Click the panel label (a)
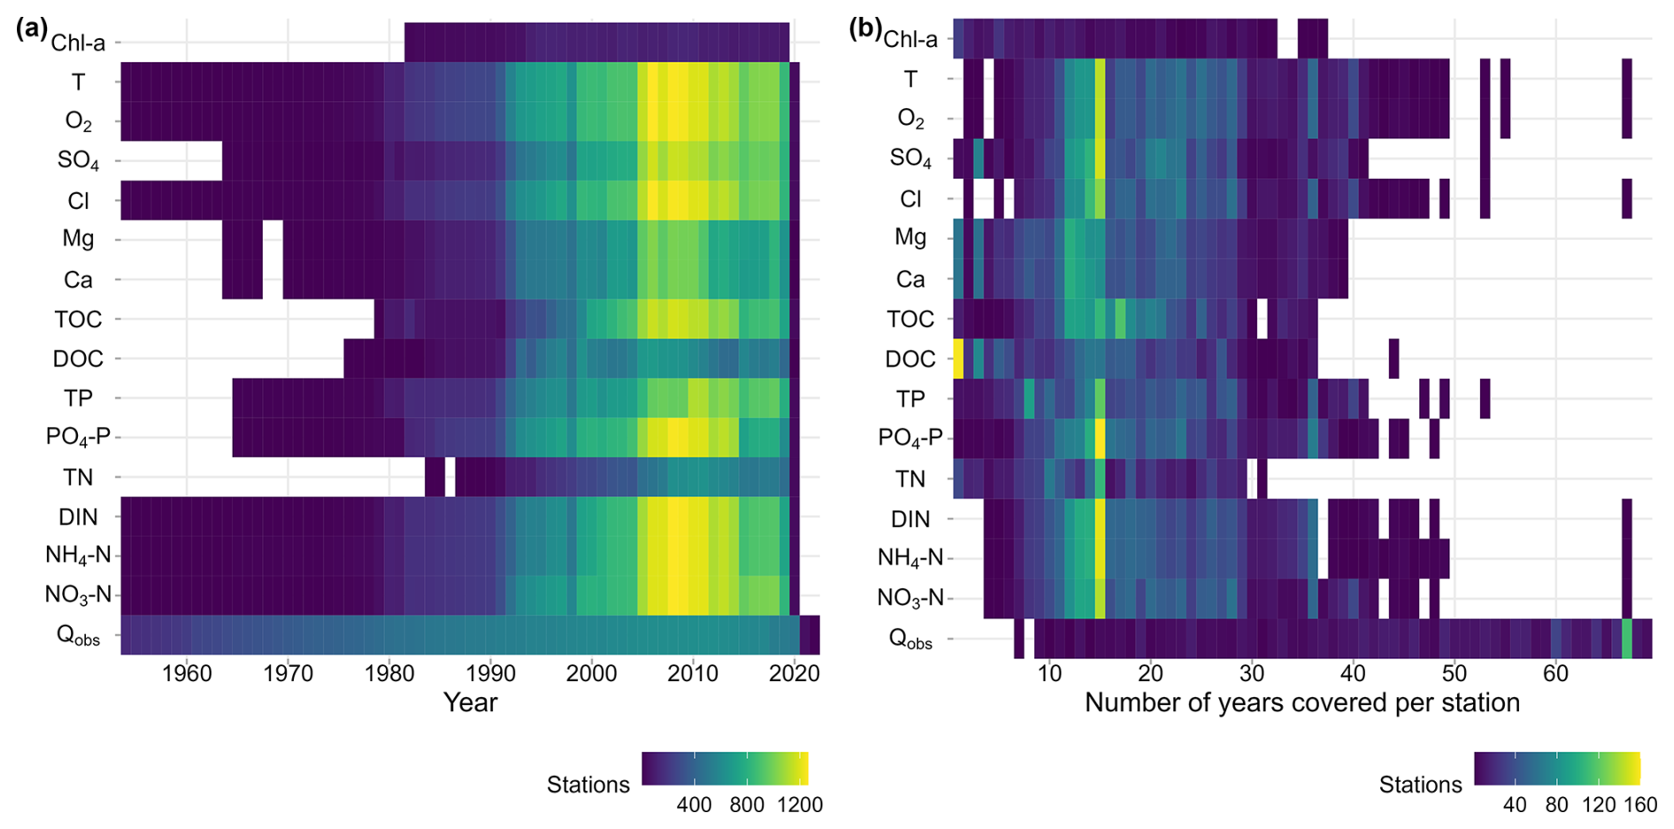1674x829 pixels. [x=32, y=29]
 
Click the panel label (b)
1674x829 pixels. [x=865, y=29]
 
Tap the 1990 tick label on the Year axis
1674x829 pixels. [x=490, y=674]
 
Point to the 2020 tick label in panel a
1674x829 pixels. [x=795, y=674]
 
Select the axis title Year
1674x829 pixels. [x=470, y=703]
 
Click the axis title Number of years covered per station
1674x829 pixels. [x=1302, y=703]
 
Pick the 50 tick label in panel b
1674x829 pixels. [x=1455, y=674]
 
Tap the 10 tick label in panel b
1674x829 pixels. [x=1049, y=674]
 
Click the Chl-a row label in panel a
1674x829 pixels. [x=78, y=42]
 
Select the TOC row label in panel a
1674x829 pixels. [x=78, y=319]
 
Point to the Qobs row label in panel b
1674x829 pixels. [x=910, y=641]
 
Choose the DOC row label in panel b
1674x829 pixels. [x=910, y=359]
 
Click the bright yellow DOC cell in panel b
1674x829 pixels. [x=958, y=358]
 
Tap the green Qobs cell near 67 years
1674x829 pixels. [x=1626, y=639]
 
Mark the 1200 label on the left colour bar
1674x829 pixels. [x=800, y=805]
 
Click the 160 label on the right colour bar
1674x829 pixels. [x=1639, y=805]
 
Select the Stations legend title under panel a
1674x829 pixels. [x=587, y=785]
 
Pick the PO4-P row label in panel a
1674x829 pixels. [x=78, y=437]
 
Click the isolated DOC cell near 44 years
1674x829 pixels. [x=1394, y=358]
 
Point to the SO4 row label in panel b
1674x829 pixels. [x=910, y=159]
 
